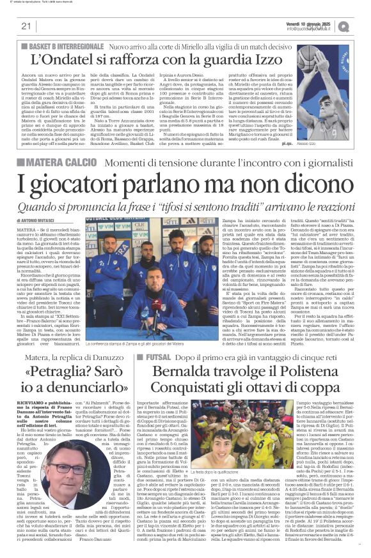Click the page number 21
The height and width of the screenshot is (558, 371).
[x=26, y=26]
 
